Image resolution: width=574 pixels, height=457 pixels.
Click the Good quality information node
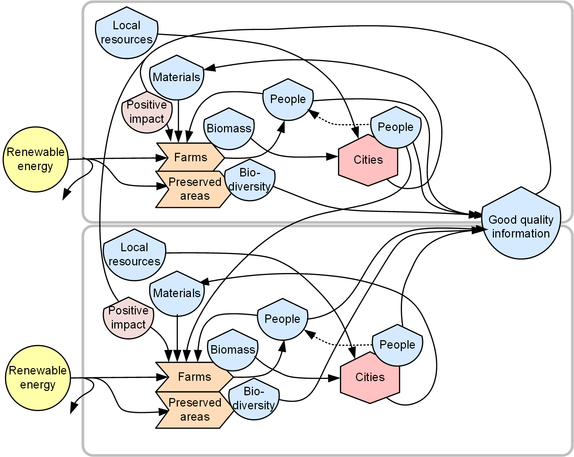[521, 226]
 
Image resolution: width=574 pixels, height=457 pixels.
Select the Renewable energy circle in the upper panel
[36, 160]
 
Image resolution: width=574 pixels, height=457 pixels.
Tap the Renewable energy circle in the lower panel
[38, 378]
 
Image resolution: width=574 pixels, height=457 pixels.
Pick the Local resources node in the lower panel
[134, 254]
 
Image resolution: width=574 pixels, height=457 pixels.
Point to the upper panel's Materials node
[176, 77]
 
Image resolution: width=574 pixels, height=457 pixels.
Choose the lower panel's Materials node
[177, 293]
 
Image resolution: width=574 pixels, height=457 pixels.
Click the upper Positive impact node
[146, 112]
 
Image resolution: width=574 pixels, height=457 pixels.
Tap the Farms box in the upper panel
[190, 157]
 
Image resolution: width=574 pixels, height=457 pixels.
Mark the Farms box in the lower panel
[194, 377]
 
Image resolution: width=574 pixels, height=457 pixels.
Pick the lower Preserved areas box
[194, 410]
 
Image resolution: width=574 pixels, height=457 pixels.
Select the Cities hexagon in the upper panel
[368, 160]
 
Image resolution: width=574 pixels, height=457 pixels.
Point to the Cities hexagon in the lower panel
[370, 377]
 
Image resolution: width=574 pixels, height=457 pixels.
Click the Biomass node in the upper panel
[229, 128]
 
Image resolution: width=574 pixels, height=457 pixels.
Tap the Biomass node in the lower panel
[232, 350]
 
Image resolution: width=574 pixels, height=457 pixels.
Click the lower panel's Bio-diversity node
[254, 399]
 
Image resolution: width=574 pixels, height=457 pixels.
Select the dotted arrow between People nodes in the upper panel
[339, 124]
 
